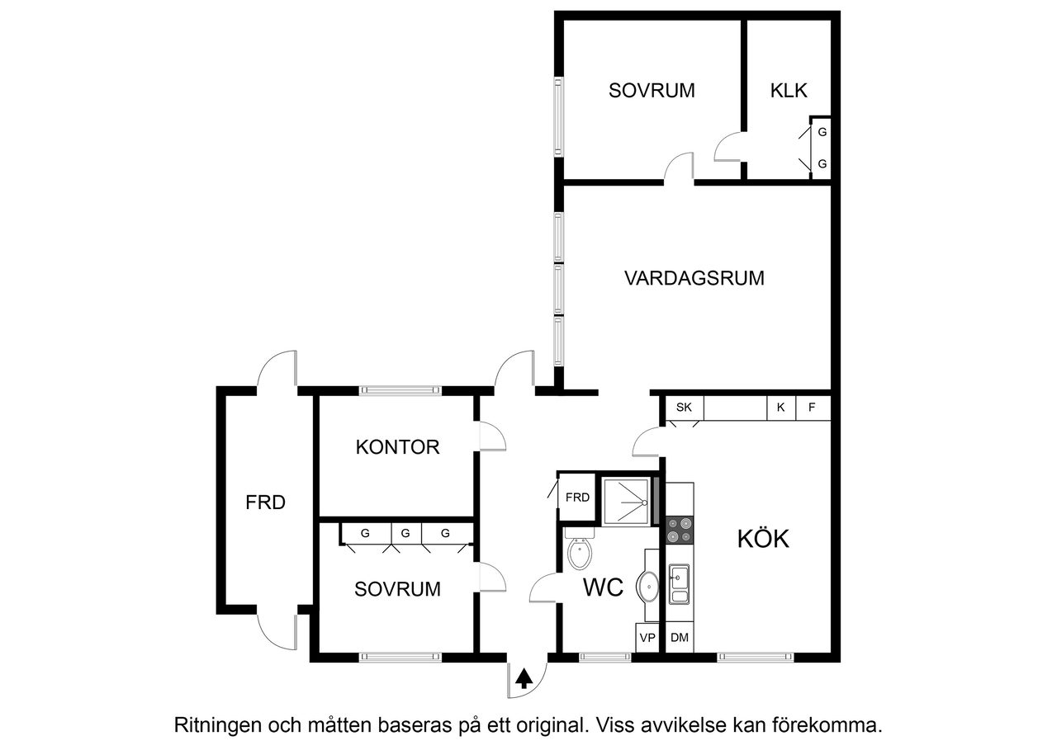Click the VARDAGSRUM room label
[x=694, y=278]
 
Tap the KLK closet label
[x=789, y=91]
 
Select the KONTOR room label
[x=397, y=448]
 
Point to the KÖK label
[x=763, y=539]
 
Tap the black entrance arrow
[x=524, y=679]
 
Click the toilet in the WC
[x=581, y=551]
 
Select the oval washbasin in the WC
[x=648, y=587]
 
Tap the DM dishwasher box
[x=680, y=638]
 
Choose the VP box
[x=647, y=638]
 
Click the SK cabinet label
[x=684, y=407]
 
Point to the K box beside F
[x=780, y=407]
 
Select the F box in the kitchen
[x=813, y=407]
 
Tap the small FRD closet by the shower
[x=577, y=498]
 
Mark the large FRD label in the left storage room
[x=266, y=502]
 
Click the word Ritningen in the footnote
[x=217, y=726]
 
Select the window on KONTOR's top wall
[x=400, y=390]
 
